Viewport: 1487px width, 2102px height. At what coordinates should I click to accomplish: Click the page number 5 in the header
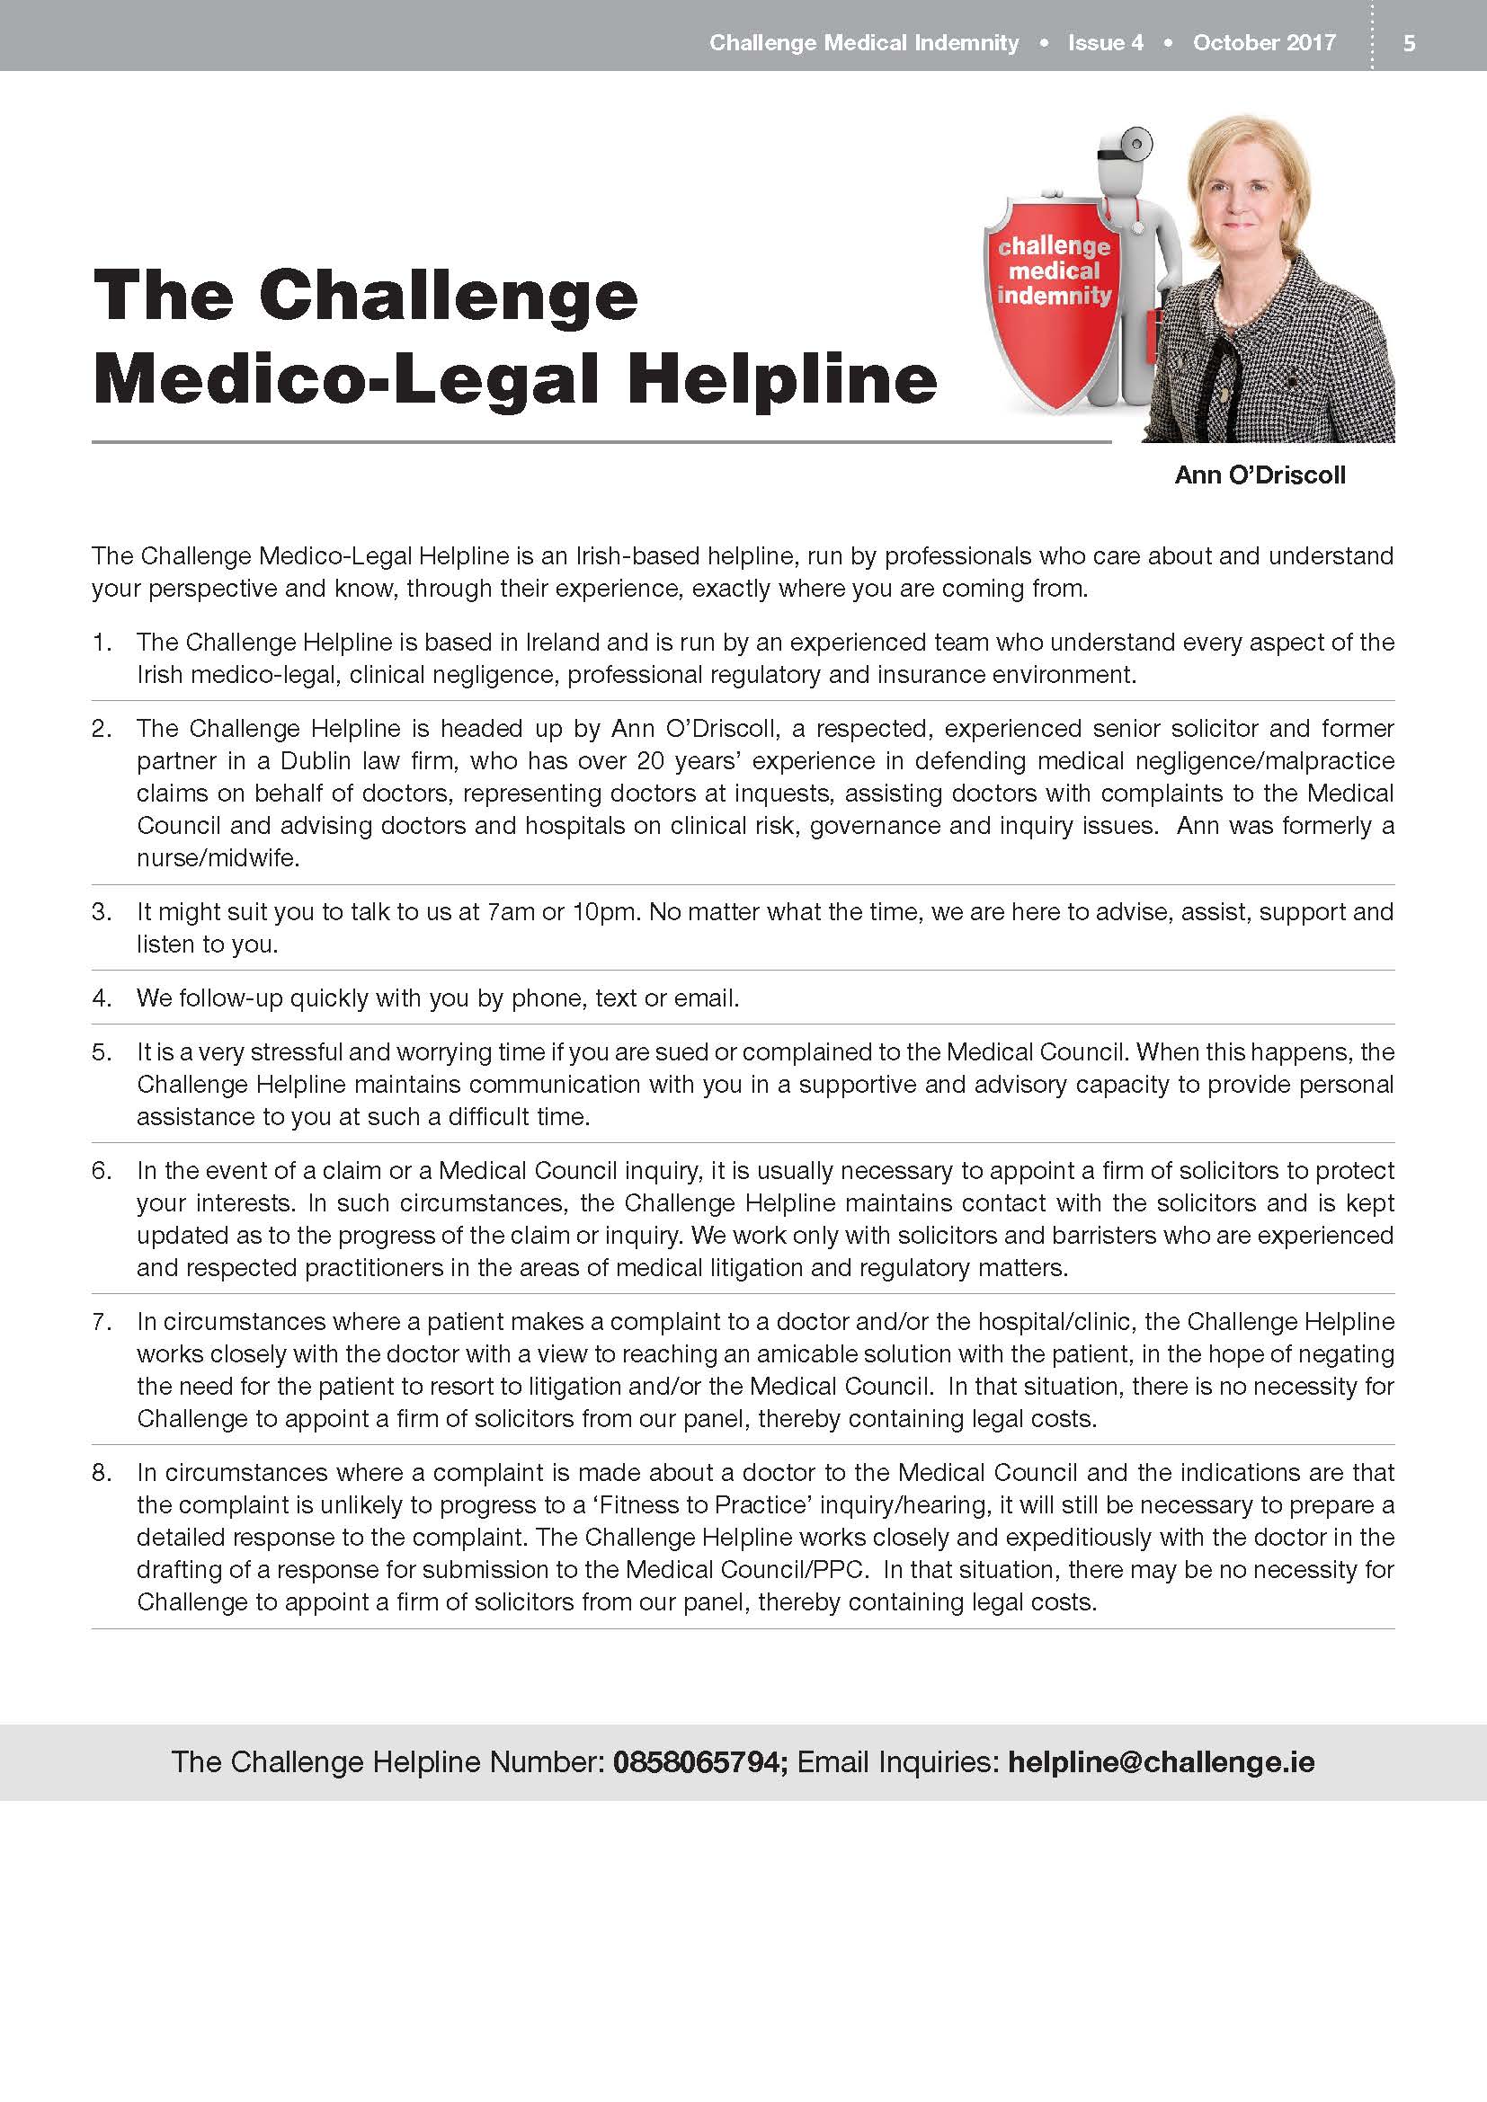coord(1409,43)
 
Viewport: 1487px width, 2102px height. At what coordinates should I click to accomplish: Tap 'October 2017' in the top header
coord(1263,43)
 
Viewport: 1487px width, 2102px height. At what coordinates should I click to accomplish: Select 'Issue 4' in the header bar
coord(1105,43)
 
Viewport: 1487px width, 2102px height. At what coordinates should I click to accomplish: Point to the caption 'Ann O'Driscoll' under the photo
coord(1260,475)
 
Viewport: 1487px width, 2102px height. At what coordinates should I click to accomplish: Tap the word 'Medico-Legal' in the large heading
coord(345,378)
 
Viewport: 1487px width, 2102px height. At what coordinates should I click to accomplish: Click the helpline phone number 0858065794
coord(699,1762)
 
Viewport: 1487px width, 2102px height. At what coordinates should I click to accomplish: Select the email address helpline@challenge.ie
coord(1161,1762)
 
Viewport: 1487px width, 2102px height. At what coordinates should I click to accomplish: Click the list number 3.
coord(101,912)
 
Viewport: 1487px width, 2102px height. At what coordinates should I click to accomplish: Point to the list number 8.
coord(101,1473)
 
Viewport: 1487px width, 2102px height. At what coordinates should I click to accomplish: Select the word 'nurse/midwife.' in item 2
coord(218,859)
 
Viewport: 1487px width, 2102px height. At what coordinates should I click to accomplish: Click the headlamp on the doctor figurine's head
coord(1138,145)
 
